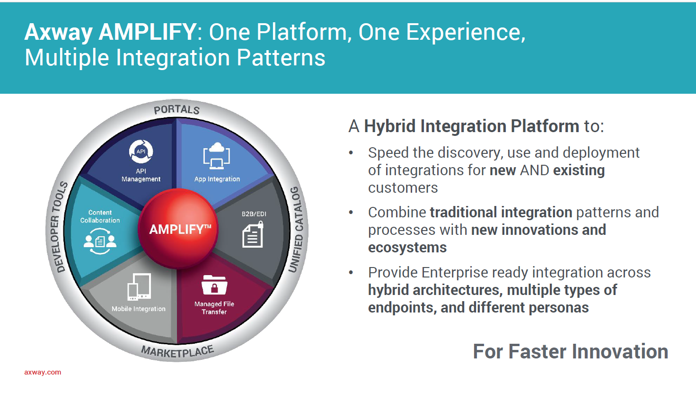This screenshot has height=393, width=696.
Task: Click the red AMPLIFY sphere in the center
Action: pos(178,229)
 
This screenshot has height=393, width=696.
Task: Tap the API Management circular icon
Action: pos(141,152)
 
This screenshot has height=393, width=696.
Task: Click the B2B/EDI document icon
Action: pos(253,235)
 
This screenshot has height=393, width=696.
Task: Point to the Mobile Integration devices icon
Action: pos(139,287)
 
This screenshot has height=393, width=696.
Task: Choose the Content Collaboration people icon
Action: pos(100,241)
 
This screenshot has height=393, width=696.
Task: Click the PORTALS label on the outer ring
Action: pos(176,110)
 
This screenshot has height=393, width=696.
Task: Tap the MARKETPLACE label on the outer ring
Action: pos(177,352)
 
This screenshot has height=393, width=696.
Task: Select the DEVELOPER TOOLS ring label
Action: pos(59,227)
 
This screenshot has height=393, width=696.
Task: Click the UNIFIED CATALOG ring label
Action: pos(296,229)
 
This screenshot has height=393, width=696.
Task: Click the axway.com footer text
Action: pos(43,372)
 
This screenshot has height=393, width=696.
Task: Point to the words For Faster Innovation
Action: pos(570,352)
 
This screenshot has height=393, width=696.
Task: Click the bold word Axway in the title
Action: pos(58,32)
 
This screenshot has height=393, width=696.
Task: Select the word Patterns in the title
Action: pos(281,58)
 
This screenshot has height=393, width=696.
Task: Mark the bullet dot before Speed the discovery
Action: pos(351,153)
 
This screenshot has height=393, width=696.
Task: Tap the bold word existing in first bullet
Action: pos(579,170)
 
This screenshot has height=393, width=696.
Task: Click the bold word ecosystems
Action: pos(407,248)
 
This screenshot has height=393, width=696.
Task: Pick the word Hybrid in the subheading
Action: pos(390,126)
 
